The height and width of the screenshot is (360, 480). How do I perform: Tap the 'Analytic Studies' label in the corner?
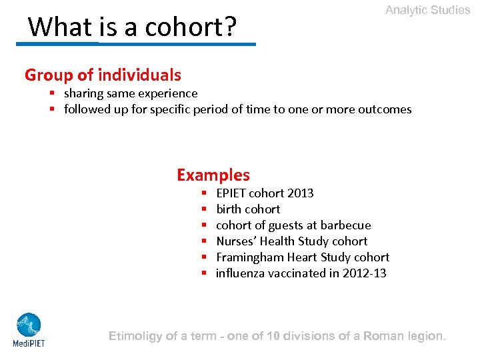click(x=427, y=10)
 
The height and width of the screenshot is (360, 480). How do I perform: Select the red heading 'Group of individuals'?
click(x=103, y=75)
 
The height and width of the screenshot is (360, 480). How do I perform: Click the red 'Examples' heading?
click(x=213, y=175)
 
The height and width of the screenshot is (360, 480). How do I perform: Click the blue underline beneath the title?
click(x=136, y=44)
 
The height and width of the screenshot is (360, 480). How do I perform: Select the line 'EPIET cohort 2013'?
click(x=265, y=193)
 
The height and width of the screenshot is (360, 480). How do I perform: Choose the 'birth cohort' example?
click(x=248, y=209)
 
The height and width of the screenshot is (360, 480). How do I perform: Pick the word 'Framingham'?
click(x=248, y=257)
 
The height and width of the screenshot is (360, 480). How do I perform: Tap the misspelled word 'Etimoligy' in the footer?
click(x=135, y=337)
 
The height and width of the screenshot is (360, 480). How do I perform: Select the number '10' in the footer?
click(x=273, y=337)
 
